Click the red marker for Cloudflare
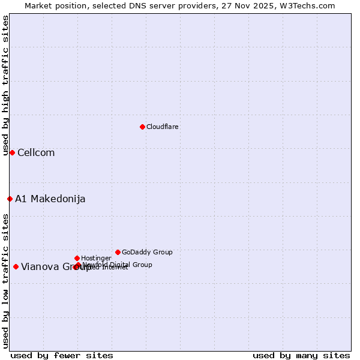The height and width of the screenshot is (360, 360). pos(142,127)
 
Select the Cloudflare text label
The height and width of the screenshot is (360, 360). pos(163,127)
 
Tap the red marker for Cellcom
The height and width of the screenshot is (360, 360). pos(12,152)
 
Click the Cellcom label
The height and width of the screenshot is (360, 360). pos(36,153)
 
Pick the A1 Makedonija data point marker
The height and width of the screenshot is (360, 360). pos(10,199)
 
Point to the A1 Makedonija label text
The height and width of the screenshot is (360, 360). pos(50,199)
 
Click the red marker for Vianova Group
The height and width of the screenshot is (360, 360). pos(16,266)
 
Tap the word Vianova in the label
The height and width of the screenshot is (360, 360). pos(40,267)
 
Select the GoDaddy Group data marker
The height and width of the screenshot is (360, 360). pos(118,252)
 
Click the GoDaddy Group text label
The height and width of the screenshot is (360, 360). pos(147,253)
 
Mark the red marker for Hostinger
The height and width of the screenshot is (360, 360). pos(77,258)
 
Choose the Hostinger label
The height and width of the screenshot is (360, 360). pos(96,259)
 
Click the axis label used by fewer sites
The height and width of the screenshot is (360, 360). pos(62,356)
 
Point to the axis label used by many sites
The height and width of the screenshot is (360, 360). pos(301,356)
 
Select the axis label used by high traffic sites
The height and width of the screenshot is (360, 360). pos(5,85)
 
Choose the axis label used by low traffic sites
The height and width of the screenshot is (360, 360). pos(5,280)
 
